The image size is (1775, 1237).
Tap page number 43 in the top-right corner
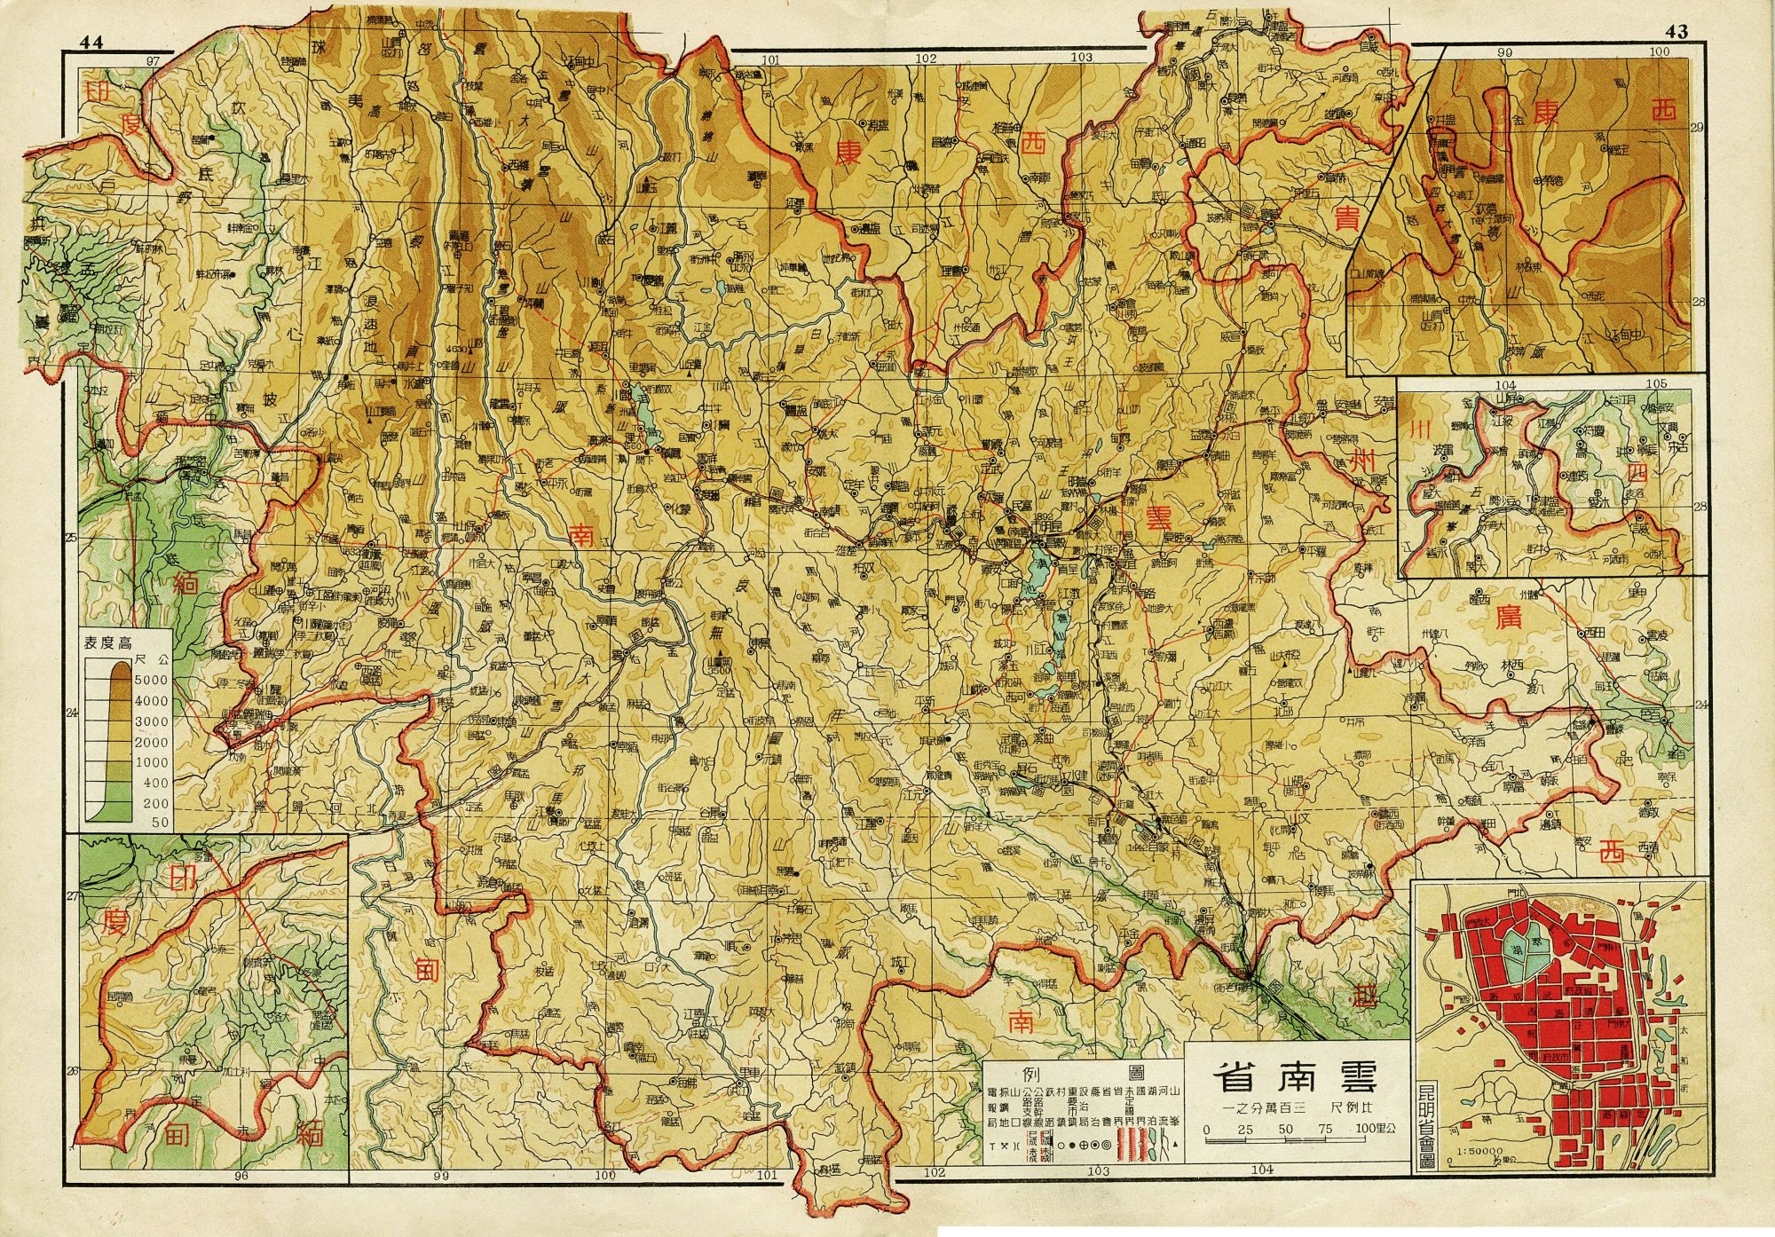pos(1676,32)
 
